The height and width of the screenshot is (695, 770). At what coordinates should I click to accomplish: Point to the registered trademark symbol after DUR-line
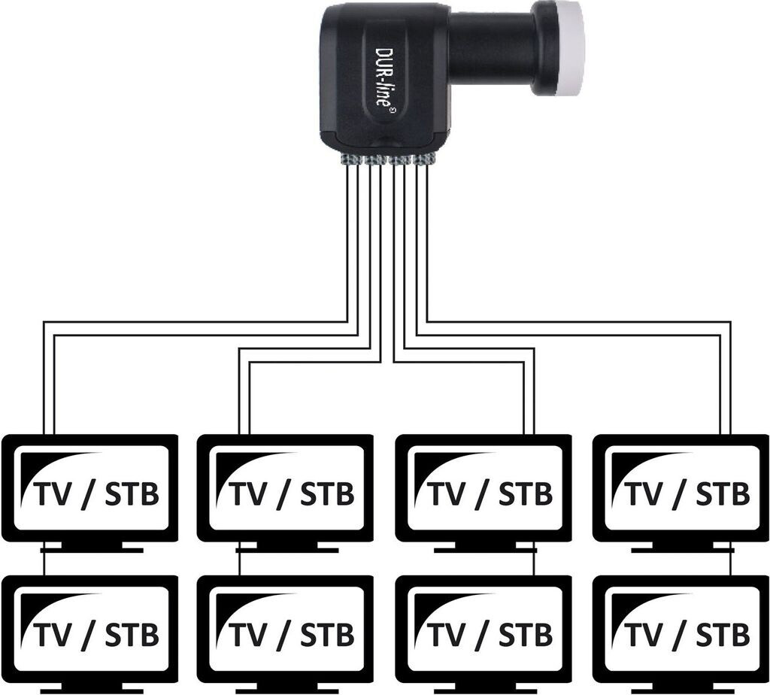tap(392, 111)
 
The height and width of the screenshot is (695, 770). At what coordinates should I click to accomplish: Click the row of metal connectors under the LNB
tap(387, 159)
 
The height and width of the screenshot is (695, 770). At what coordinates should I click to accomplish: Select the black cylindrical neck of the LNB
tap(490, 47)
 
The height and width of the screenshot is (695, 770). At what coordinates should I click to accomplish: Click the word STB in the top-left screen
tap(132, 494)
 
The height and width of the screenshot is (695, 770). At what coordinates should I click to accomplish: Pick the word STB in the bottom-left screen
tap(132, 635)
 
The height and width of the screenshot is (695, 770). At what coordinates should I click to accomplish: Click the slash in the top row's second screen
tap(283, 495)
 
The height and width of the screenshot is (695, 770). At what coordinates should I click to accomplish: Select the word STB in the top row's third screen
tap(526, 494)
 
